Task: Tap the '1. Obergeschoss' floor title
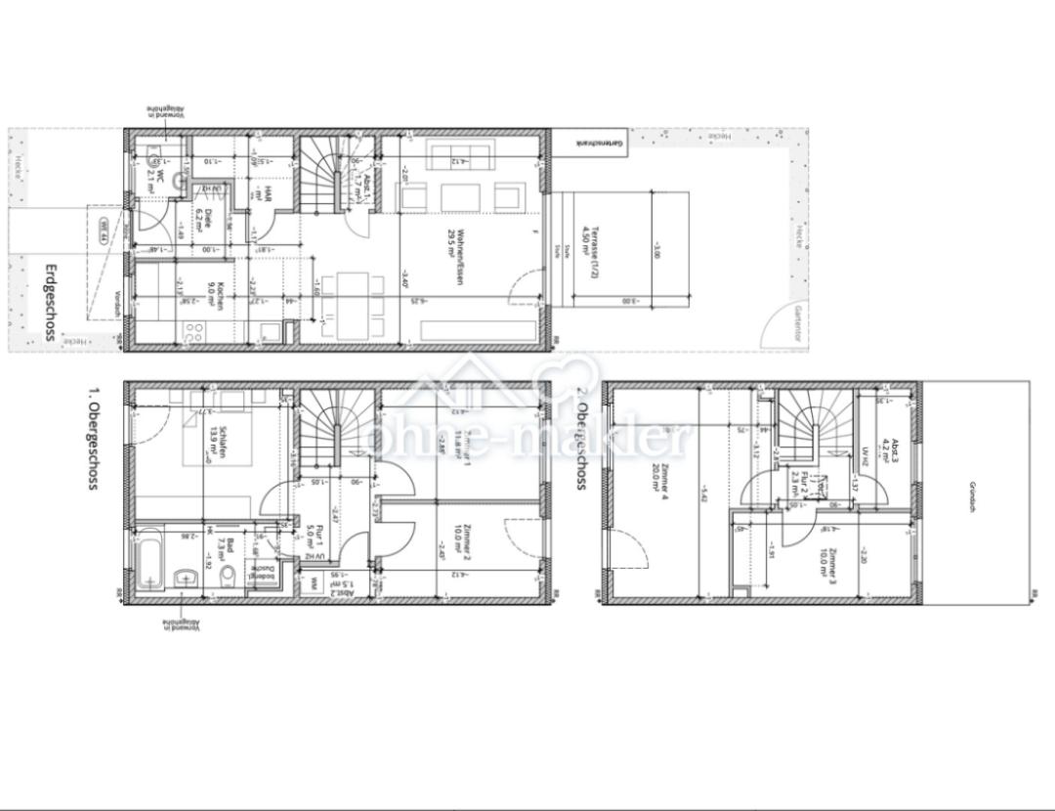94,438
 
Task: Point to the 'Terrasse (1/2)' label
589,254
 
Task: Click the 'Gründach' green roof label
972,497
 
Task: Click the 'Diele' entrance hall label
202,217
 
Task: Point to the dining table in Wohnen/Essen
353,303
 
